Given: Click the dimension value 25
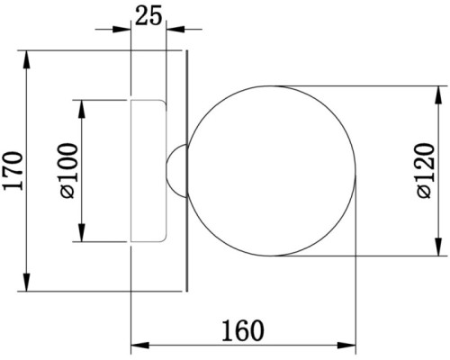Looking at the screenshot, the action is [148, 15].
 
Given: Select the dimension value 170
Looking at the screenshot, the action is [13, 171].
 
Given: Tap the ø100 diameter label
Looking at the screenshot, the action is [68, 171].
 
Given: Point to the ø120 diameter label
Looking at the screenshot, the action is [426, 171].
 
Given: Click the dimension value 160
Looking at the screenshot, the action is [243, 331].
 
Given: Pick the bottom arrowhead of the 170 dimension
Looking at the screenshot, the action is [27, 282].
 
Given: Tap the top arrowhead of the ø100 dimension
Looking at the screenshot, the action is [82, 109].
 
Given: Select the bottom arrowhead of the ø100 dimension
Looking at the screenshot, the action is [82, 232].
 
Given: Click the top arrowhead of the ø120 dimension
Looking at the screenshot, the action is [438, 95].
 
